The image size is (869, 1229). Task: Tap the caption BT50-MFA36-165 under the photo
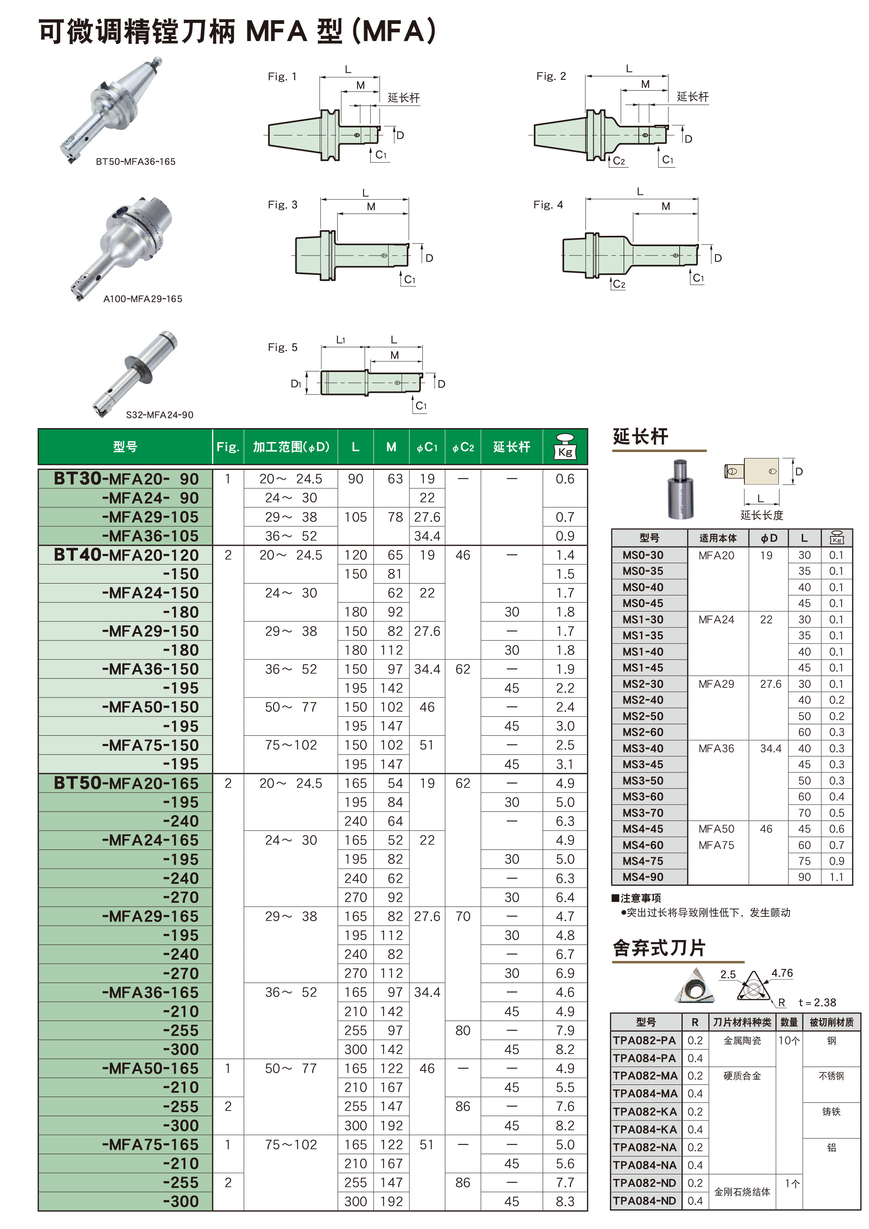tap(135, 162)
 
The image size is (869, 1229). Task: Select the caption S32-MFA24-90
tap(159, 414)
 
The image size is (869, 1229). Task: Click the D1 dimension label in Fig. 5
tap(296, 383)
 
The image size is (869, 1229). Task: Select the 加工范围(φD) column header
tap(291, 447)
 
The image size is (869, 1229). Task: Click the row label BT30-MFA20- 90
tap(126, 479)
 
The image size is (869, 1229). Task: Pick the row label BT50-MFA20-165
tap(126, 783)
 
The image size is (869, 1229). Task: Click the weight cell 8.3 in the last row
tap(565, 1201)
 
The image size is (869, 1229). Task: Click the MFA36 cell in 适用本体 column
tap(716, 748)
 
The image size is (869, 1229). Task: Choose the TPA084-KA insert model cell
tap(645, 1129)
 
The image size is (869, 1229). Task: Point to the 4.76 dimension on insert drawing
tap(782, 973)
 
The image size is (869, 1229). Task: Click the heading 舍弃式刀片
tap(659, 948)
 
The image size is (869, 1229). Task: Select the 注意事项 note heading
tap(636, 898)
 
